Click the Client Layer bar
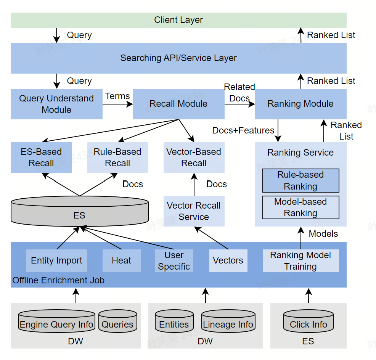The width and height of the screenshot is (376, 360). click(178, 20)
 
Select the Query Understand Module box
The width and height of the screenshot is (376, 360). click(56, 104)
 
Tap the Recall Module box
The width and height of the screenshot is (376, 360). click(178, 104)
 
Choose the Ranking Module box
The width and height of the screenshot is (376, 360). click(300, 104)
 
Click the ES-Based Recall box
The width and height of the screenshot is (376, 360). click(41, 157)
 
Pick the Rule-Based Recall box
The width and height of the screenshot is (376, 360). click(117, 157)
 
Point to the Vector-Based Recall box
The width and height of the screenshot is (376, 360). click(194, 157)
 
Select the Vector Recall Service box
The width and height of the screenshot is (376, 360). click(194, 211)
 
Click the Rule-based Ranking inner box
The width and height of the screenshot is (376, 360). click(300, 180)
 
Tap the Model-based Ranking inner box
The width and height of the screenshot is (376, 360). click(300, 207)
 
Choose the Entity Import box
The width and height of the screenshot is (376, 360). click(56, 261)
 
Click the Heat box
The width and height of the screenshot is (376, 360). click(121, 261)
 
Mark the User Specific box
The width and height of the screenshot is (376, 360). click(174, 261)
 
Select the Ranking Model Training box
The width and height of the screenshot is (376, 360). click(300, 261)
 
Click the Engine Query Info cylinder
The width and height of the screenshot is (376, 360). click(56, 322)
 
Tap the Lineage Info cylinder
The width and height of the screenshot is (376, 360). click(228, 322)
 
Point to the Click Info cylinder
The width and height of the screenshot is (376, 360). click(308, 322)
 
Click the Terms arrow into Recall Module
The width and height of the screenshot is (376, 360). click(117, 104)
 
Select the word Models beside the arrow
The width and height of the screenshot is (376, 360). click(323, 234)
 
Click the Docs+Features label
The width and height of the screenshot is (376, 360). click(243, 130)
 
